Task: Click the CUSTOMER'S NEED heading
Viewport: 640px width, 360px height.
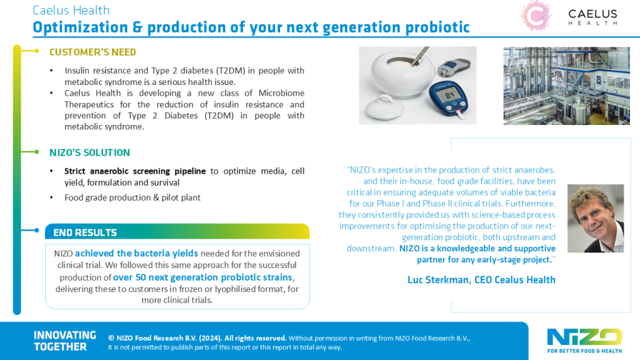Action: pyautogui.click(x=92, y=52)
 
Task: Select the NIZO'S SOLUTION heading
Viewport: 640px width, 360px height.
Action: pyautogui.click(x=90, y=152)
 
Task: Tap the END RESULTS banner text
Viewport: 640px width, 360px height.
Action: pyautogui.click(x=85, y=232)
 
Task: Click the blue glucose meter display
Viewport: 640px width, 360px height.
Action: pyautogui.click(x=449, y=96)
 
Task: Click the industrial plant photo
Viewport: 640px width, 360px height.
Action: pyautogui.click(x=566, y=86)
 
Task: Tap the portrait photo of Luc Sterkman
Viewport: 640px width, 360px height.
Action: pyautogui.click(x=596, y=218)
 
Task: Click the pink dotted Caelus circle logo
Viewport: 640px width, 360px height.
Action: pyautogui.click(x=536, y=16)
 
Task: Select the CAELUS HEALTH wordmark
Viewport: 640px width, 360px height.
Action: pyautogui.click(x=592, y=17)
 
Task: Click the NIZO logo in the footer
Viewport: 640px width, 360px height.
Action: pyautogui.click(x=584, y=337)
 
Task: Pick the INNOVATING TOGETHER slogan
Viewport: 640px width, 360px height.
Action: pyautogui.click(x=65, y=341)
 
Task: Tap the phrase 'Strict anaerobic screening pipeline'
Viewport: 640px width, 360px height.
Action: pyautogui.click(x=135, y=171)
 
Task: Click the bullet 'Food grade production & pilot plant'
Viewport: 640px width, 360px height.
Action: pyautogui.click(x=132, y=197)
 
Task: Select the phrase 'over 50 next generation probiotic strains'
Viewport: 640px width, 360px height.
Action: pyautogui.click(x=202, y=277)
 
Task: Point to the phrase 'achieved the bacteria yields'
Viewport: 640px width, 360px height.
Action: pyautogui.click(x=136, y=254)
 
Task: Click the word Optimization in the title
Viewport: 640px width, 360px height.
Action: pyautogui.click(x=81, y=27)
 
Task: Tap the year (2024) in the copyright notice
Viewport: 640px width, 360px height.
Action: pyautogui.click(x=210, y=338)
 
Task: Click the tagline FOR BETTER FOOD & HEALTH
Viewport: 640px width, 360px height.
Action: pyautogui.click(x=584, y=351)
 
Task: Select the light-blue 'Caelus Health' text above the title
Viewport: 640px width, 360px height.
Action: pyautogui.click(x=71, y=10)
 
